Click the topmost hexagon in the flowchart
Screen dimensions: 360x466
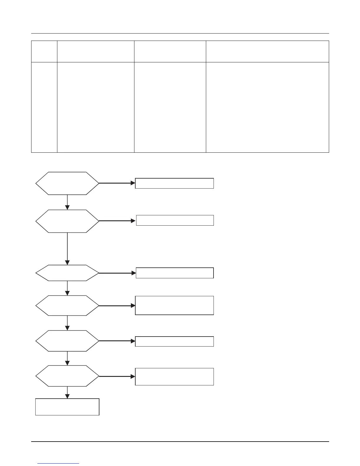coord(67,183)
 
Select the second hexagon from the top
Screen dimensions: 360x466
coord(67,221)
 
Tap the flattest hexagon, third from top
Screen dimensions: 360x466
coord(67,273)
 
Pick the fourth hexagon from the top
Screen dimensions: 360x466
coord(67,306)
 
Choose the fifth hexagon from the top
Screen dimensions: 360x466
coord(67,341)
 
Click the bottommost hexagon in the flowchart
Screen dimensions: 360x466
coord(67,376)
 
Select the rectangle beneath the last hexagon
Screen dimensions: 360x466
coord(67,407)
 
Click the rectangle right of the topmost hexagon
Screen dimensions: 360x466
coord(174,183)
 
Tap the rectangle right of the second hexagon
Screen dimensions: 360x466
coord(175,220)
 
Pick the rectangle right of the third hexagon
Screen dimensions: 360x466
coord(175,273)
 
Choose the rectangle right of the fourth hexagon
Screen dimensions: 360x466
coord(174,305)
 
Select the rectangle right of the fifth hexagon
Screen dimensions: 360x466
coord(174,341)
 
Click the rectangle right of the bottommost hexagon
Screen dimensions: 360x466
coord(174,377)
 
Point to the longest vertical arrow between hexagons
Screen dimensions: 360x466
coord(67,249)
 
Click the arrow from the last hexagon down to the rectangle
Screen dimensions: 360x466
coord(68,392)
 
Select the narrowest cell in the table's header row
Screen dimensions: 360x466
coord(44,51)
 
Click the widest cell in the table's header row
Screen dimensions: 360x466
coord(267,51)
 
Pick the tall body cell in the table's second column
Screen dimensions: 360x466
coord(96,107)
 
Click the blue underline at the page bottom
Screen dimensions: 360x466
coord(59,464)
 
